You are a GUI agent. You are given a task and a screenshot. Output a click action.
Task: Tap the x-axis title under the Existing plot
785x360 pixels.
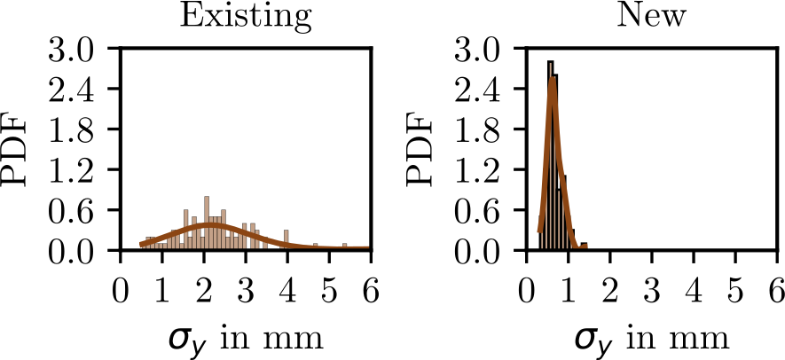[x=245, y=339]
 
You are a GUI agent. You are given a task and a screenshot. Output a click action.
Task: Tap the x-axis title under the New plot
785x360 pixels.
[x=652, y=339]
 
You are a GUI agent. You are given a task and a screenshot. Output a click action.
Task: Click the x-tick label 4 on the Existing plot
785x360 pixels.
[x=287, y=291]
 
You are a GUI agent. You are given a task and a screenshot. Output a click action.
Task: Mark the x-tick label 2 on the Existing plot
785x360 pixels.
[x=204, y=291]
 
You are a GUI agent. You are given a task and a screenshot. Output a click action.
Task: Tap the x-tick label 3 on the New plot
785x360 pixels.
[x=653, y=291]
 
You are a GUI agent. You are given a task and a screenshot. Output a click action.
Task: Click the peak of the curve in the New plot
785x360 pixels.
[x=553, y=78]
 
